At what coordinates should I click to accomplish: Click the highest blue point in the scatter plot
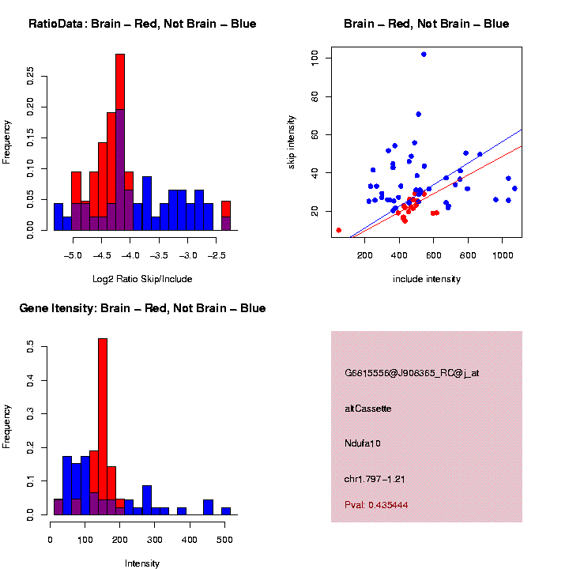click(424, 55)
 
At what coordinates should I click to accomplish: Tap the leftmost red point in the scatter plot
click(339, 230)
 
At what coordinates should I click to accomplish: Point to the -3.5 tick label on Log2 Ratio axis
click(160, 255)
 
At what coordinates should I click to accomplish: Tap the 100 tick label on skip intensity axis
click(315, 58)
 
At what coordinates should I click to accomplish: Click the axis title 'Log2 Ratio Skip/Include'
click(142, 278)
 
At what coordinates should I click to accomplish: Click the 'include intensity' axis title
click(427, 279)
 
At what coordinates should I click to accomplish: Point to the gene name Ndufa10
click(363, 443)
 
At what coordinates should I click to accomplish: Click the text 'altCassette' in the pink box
click(368, 409)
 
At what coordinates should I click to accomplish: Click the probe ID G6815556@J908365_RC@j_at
click(412, 373)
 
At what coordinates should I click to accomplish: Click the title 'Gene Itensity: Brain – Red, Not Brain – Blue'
click(142, 308)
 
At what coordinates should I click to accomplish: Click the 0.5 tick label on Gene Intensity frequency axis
click(31, 346)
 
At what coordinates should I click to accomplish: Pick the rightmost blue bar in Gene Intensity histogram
click(226, 511)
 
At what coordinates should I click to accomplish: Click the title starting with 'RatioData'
click(142, 24)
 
